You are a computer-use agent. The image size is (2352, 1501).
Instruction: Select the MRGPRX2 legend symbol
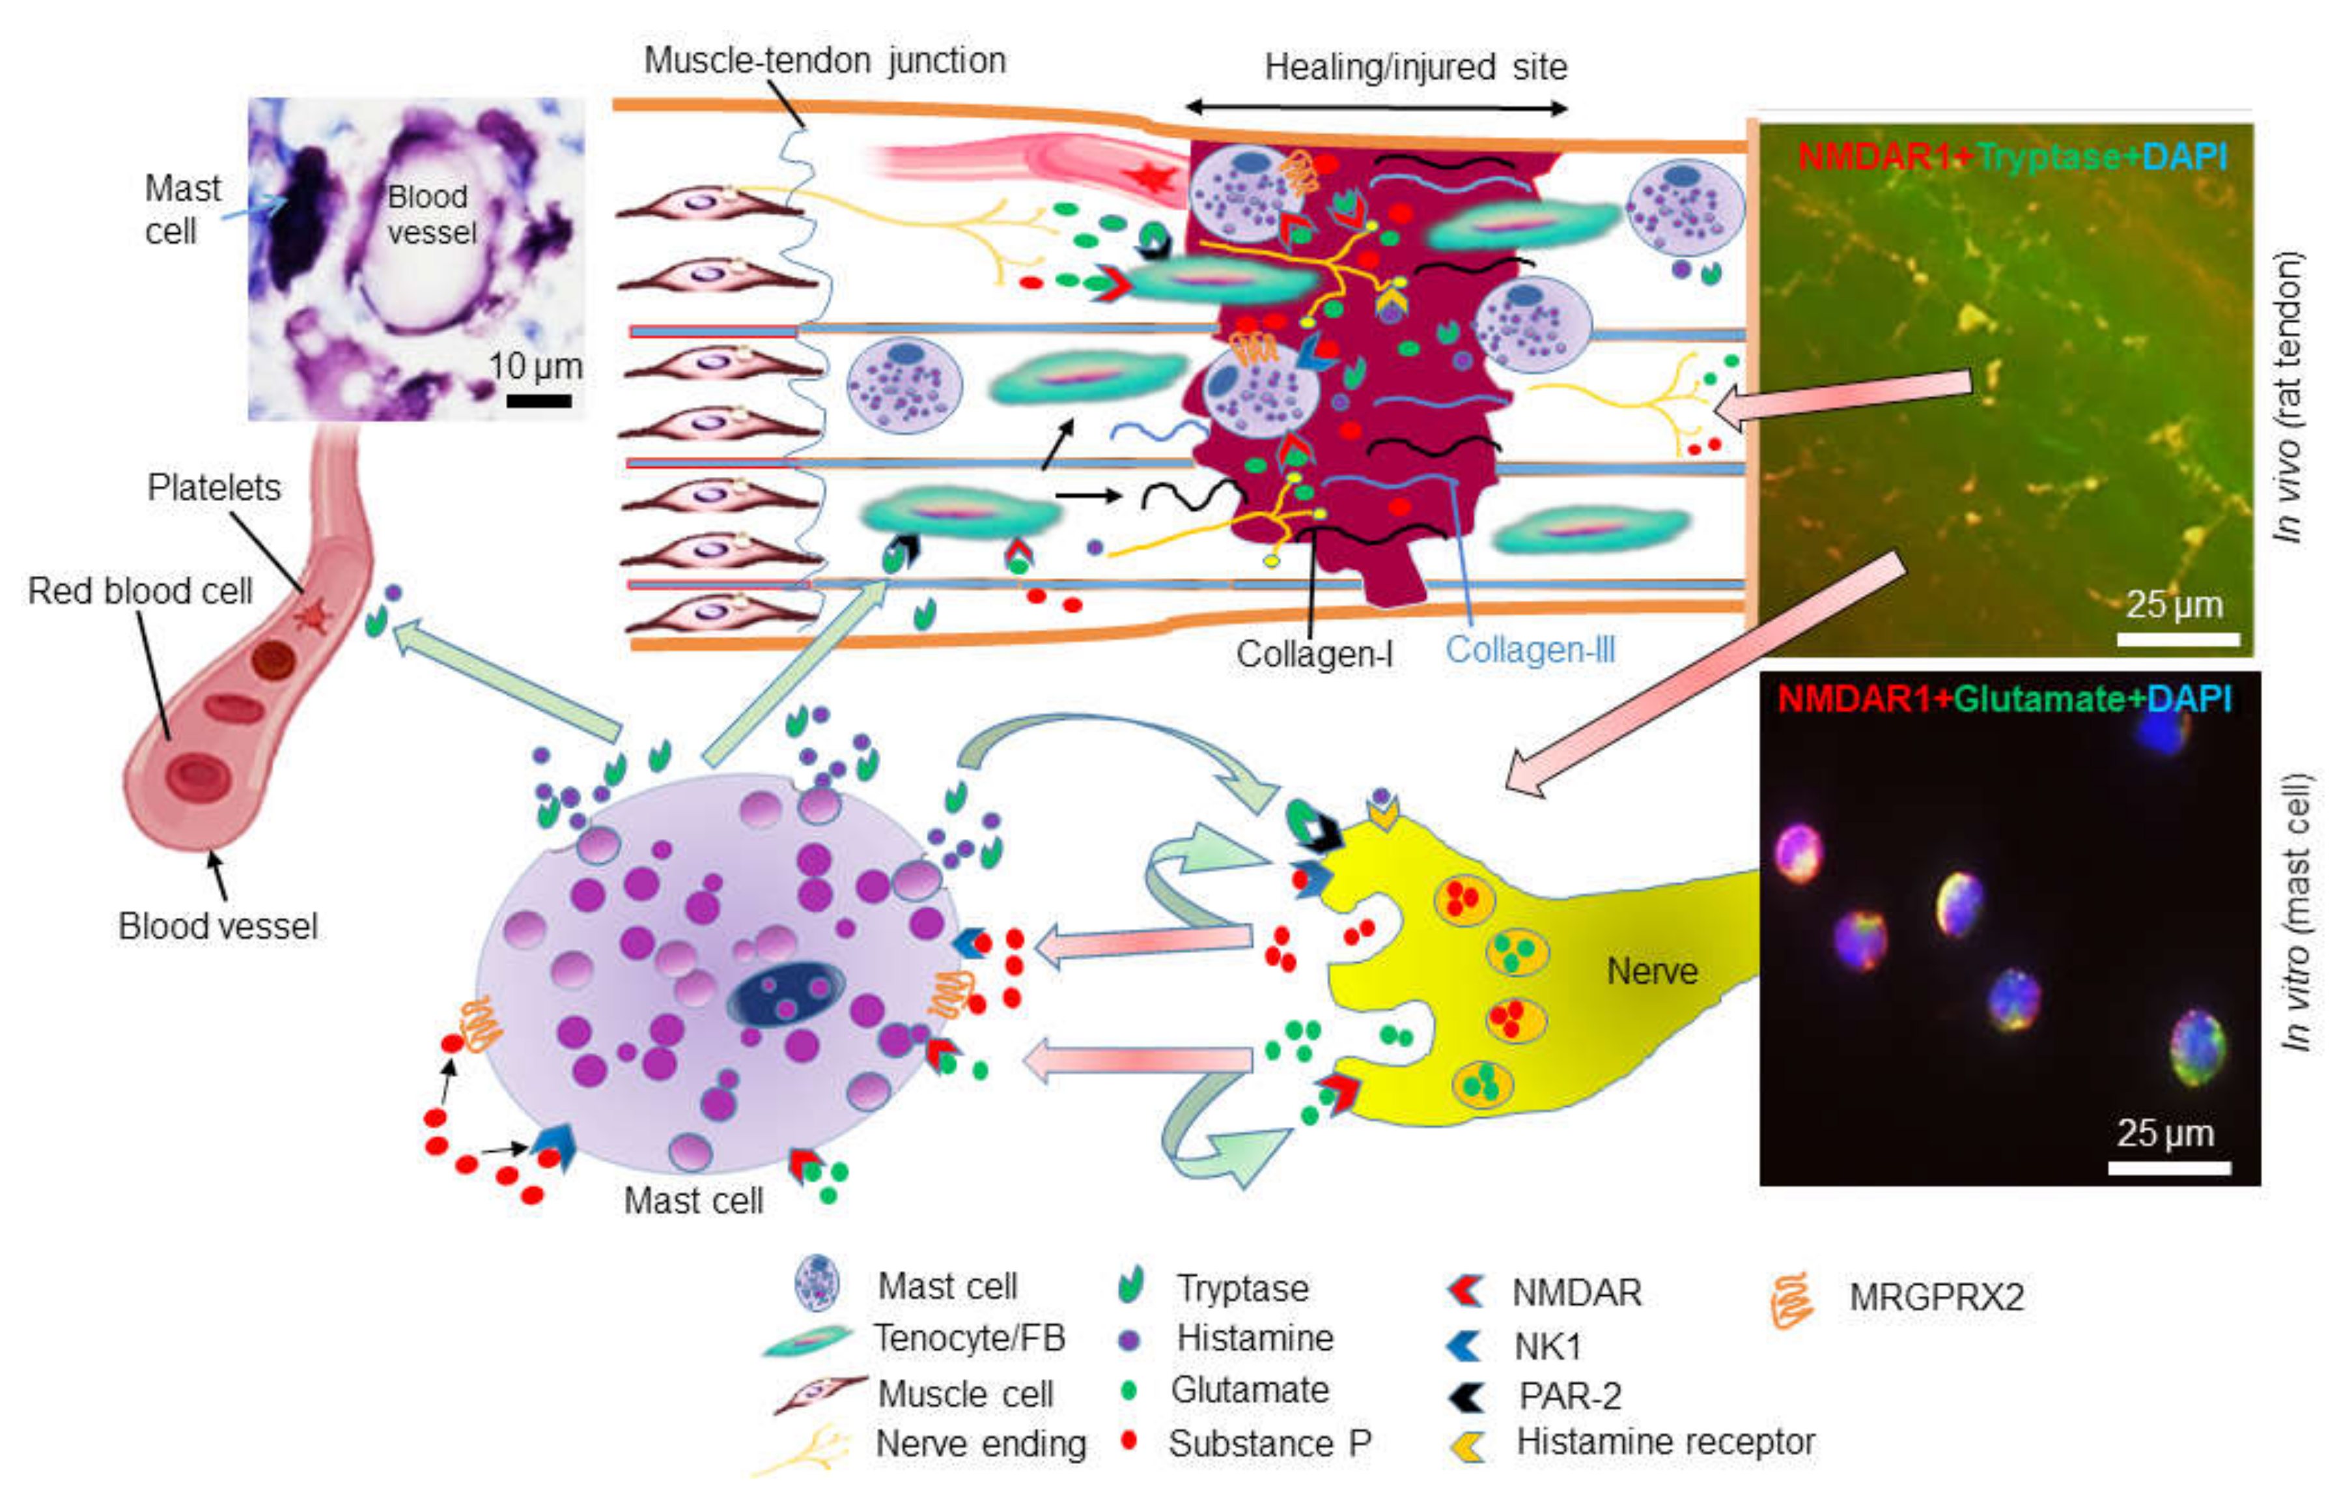(1791, 1300)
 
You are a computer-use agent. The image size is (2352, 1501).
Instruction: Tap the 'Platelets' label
(214, 487)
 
